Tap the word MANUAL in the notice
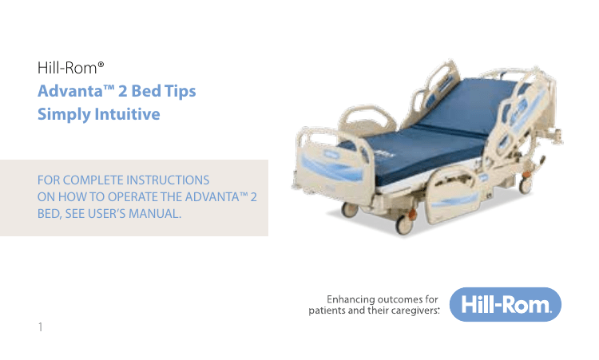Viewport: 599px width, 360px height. click(151, 214)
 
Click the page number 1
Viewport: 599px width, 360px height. click(41, 326)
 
